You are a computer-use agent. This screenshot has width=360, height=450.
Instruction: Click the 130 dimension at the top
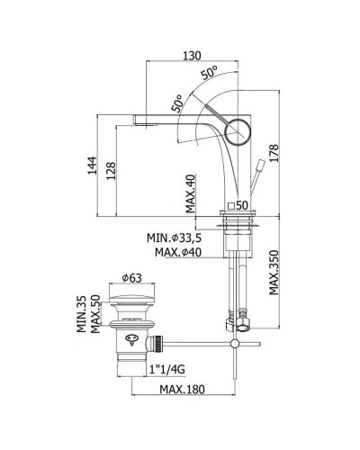tap(193, 56)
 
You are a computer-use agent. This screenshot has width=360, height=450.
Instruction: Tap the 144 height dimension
tap(93, 166)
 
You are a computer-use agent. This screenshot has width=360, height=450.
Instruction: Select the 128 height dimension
tap(111, 171)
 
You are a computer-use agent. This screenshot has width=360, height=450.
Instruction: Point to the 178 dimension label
tap(274, 153)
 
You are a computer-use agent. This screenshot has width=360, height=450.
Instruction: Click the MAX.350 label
tap(274, 273)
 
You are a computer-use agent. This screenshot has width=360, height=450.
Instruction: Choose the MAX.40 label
tap(190, 193)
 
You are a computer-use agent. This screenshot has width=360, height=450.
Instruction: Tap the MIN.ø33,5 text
tap(174, 238)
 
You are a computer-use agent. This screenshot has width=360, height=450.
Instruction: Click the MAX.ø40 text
tap(178, 252)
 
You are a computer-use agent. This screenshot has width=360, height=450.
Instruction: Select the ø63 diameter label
tap(131, 278)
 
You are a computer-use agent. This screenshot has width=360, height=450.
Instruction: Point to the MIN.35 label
tap(81, 314)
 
